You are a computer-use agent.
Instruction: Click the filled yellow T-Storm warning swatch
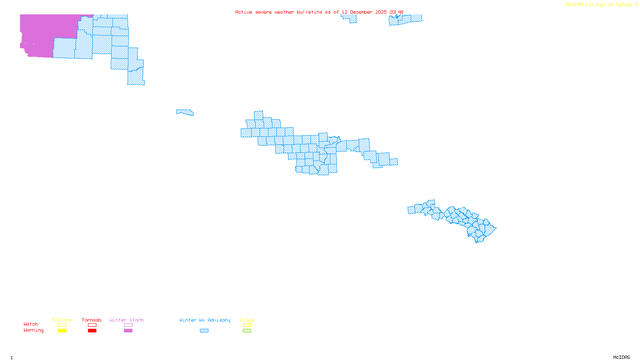(x=62, y=331)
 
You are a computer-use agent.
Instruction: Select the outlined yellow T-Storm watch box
(x=62, y=325)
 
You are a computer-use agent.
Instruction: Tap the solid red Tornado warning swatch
(x=92, y=331)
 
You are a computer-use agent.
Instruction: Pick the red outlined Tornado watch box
(x=92, y=325)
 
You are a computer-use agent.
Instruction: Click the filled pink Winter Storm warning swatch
(x=128, y=331)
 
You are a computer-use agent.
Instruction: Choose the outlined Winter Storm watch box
(x=128, y=325)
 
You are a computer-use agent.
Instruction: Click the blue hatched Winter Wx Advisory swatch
(x=204, y=331)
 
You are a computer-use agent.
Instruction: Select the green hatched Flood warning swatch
(x=247, y=331)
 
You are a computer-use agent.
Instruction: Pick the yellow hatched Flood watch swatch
(x=247, y=325)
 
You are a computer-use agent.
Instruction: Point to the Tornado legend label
(x=92, y=320)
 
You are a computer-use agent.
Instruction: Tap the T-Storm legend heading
(x=62, y=320)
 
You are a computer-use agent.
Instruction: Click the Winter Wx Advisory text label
(x=205, y=320)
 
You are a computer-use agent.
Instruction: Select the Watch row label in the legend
(x=31, y=324)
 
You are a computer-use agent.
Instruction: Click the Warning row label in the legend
(x=33, y=330)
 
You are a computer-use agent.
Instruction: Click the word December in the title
(x=361, y=12)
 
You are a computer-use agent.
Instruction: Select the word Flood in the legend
(x=247, y=320)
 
